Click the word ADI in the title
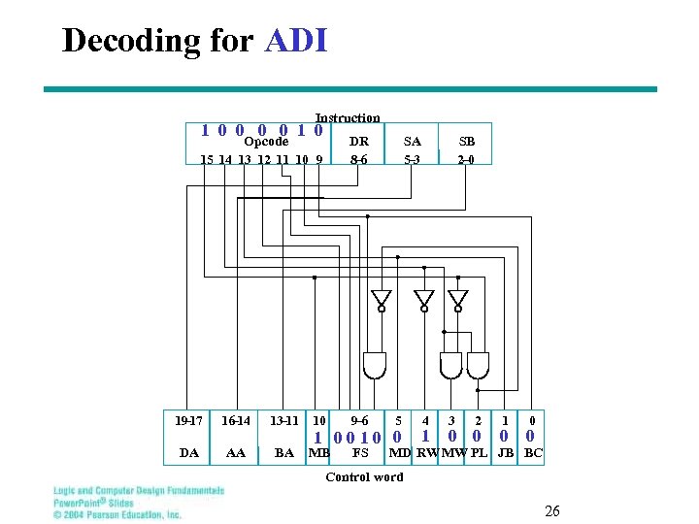pos(295,41)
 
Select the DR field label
pos(358,142)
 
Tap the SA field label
pos(413,142)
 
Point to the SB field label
pos(466,142)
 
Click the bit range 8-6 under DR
pos(358,159)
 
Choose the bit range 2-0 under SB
pos(466,159)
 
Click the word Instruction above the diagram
pos(348,117)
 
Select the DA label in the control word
pos(189,452)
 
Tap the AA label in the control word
pos(235,452)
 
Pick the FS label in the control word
pos(359,452)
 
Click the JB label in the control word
pos(506,452)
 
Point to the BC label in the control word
pos(533,452)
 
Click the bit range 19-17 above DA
pos(188,420)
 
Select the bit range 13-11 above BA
pos(284,420)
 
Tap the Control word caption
pos(364,476)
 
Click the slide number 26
pos(552,510)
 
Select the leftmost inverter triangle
pos(382,297)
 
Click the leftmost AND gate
pos(373,365)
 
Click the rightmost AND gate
pos(478,365)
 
